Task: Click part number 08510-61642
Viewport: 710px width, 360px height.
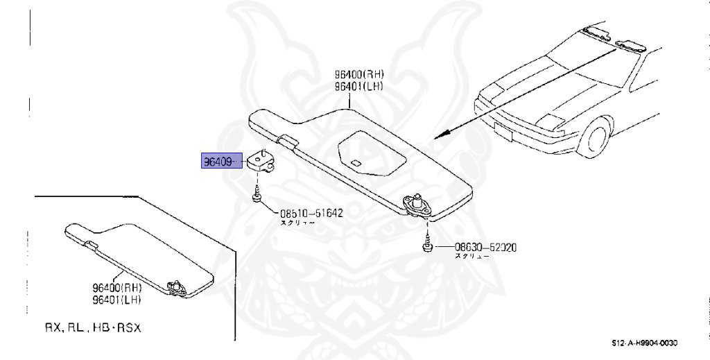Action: click(x=312, y=214)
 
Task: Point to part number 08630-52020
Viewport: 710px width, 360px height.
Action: click(x=486, y=247)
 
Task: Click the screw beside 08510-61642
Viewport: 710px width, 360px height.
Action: click(x=257, y=196)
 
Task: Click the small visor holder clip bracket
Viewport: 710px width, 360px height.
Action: click(x=261, y=161)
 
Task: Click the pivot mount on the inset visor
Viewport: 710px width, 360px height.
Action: click(x=175, y=286)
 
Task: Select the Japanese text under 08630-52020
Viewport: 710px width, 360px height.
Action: click(x=471, y=257)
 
